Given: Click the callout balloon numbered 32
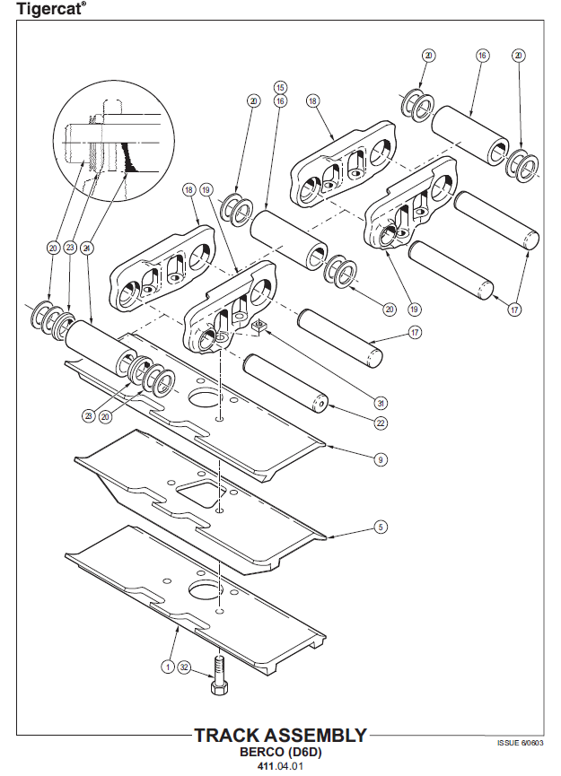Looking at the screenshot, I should pyautogui.click(x=184, y=667).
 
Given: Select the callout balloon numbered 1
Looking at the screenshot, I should pyautogui.click(x=167, y=667).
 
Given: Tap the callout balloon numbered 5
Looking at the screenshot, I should pyautogui.click(x=381, y=528).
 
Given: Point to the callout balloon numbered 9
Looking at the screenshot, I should pyautogui.click(x=381, y=459).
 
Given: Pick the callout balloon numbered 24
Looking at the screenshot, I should pyautogui.click(x=86, y=248).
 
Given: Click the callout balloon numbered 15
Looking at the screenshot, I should pyautogui.click(x=280, y=88).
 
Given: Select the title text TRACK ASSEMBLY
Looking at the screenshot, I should pyautogui.click(x=280, y=736).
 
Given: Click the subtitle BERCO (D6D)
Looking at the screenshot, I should pyautogui.click(x=281, y=752).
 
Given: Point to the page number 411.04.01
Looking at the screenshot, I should pyautogui.click(x=280, y=766).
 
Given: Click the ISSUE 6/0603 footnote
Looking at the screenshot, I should pyautogui.click(x=520, y=743).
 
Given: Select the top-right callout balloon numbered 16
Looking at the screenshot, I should pyautogui.click(x=482, y=56).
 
